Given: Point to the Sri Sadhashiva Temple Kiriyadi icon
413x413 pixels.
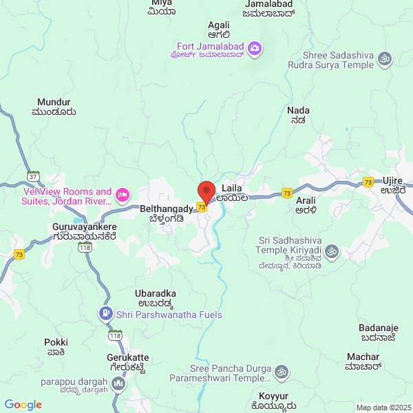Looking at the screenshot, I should tap(332, 250).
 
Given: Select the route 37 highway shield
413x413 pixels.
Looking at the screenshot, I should tap(33, 176).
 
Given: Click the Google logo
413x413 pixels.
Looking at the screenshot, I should tap(23, 405).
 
